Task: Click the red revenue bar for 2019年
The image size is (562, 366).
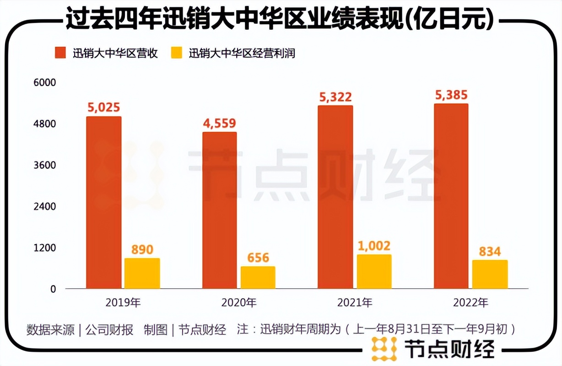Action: click(x=103, y=203)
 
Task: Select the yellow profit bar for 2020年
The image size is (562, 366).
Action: click(x=258, y=278)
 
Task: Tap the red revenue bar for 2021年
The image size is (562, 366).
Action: click(x=335, y=197)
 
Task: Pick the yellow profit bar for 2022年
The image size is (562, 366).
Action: click(x=490, y=274)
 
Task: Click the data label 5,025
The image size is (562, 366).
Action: click(x=103, y=108)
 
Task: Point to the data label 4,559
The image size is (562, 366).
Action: click(x=220, y=123)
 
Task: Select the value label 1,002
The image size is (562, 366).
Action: click(x=374, y=246)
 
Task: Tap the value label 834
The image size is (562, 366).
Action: click(x=490, y=251)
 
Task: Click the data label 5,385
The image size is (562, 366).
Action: click(x=451, y=95)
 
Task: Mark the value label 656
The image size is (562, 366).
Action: click(x=258, y=258)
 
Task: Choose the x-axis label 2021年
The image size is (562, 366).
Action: click(x=355, y=302)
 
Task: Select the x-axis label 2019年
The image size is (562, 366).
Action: click(x=123, y=302)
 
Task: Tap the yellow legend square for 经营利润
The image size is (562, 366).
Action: click(x=177, y=53)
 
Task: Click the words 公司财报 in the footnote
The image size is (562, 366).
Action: click(x=109, y=329)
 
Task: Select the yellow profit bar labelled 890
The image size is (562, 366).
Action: click(x=142, y=274)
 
